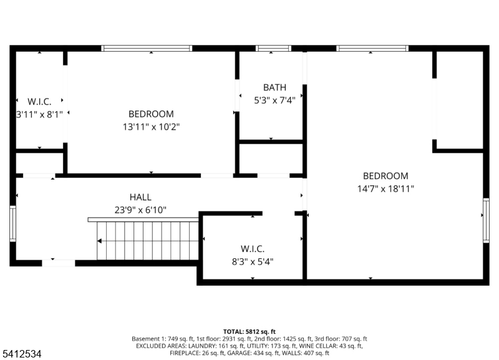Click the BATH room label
pos(274,88)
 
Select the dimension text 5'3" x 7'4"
pos(274,100)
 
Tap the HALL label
pos(140,197)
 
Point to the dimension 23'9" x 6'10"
pos(140,210)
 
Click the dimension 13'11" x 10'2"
pos(151,126)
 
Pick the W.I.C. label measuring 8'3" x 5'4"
pos(253,249)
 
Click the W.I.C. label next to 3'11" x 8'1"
pos(39,101)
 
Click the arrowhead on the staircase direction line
pos(99,241)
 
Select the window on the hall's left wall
pos(12,223)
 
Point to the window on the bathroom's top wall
pos(273,48)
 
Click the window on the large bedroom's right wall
pos(486,220)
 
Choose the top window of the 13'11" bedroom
pos(147,48)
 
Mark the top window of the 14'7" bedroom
pos(372,48)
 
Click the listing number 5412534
pos(22,354)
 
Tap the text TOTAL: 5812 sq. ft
pos(249,331)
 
